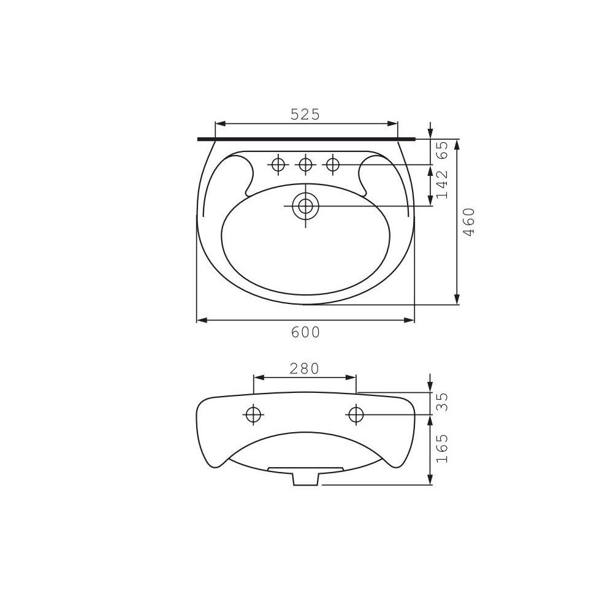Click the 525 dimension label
(305, 114)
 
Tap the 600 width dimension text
(306, 332)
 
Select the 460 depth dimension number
(468, 222)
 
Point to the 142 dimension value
(442, 185)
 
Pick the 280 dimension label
(305, 368)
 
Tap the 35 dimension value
(442, 402)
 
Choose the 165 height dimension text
(442, 449)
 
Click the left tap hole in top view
(278, 164)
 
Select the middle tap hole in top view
(305, 164)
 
